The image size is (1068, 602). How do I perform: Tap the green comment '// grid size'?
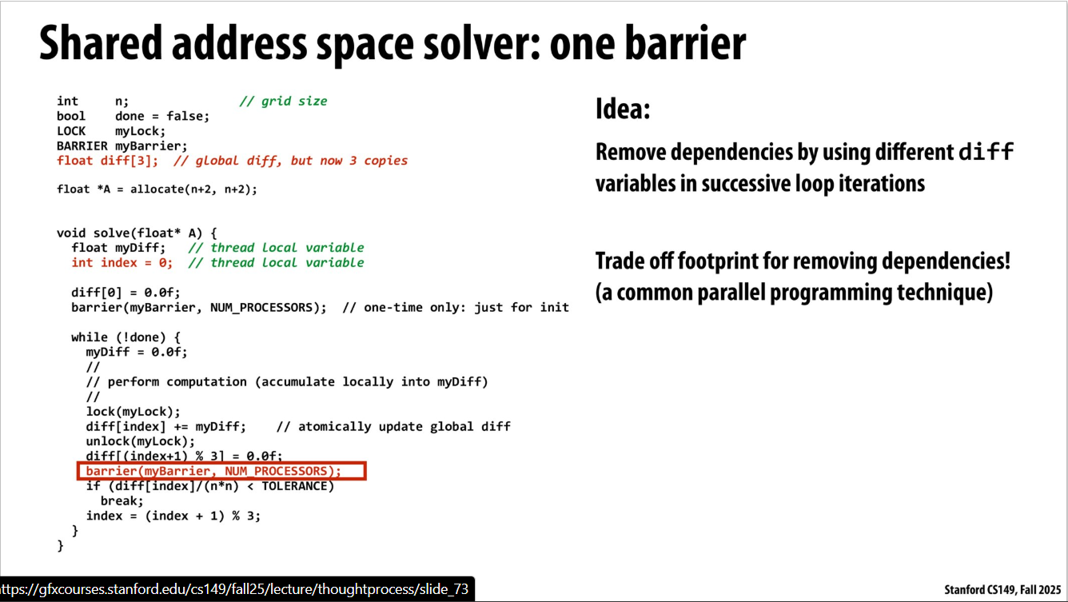(283, 102)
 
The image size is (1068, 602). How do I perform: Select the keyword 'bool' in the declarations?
(71, 116)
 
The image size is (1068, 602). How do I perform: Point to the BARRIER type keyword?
(82, 146)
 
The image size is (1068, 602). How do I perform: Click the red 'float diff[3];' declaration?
(107, 161)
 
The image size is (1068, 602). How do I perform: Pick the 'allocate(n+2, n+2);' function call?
(193, 189)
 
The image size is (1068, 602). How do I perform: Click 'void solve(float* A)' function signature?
(130, 233)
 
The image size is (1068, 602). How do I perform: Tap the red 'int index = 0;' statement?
(122, 263)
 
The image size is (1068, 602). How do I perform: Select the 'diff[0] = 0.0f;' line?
(126, 293)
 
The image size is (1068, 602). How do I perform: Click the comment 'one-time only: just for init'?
(456, 308)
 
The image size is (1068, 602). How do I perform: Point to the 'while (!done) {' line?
(126, 337)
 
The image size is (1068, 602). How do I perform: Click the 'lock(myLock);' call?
(133, 412)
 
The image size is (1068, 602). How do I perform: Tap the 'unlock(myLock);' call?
(141, 442)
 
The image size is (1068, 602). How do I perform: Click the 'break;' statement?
(122, 501)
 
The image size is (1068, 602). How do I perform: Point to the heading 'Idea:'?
(623, 110)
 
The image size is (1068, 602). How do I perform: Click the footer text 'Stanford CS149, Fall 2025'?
(1002, 590)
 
